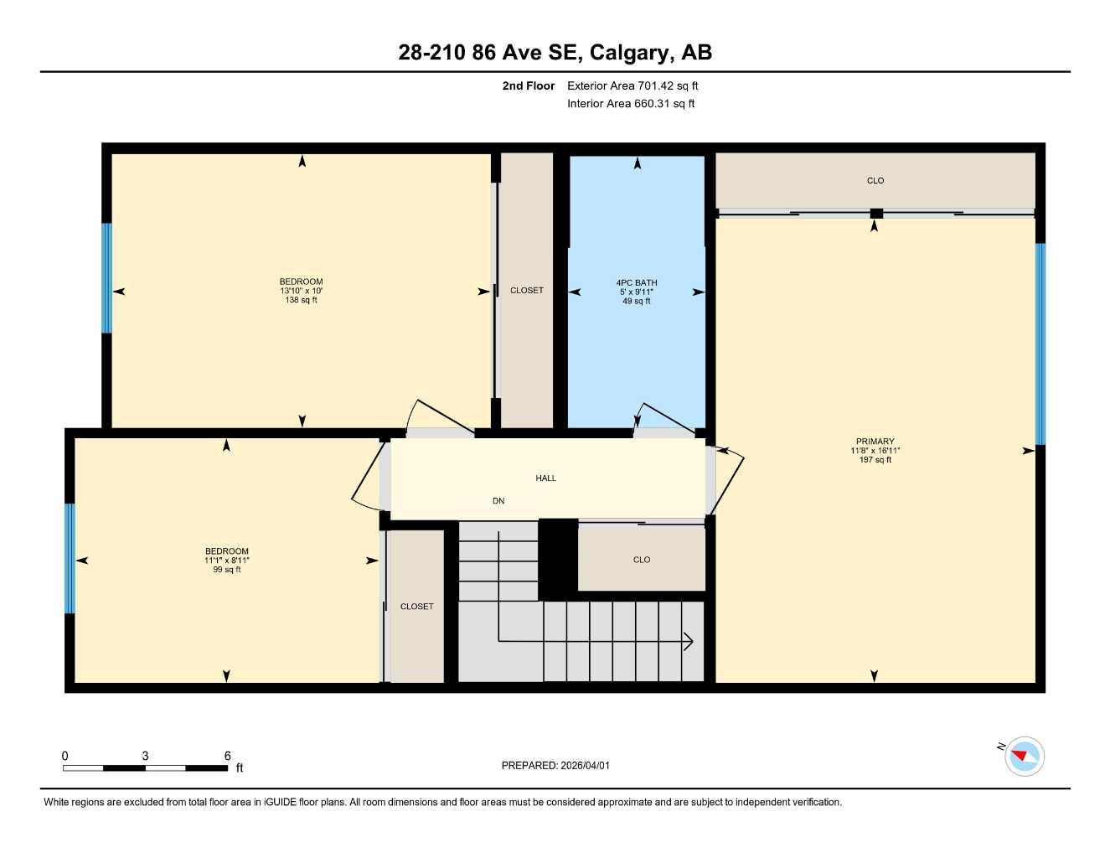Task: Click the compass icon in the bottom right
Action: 1024,757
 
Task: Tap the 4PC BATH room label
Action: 637,283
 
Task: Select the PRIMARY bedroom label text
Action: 875,442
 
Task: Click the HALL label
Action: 546,478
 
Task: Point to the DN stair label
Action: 498,501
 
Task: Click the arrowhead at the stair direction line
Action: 689,642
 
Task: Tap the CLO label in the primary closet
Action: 875,181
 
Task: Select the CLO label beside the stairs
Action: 642,560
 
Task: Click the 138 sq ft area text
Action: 302,301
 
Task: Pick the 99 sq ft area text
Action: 227,570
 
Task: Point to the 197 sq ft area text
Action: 875,460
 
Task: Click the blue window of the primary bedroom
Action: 1040,344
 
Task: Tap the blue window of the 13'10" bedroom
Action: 106,277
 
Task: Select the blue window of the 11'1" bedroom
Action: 70,558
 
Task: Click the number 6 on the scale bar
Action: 227,756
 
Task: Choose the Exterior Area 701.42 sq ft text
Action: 632,85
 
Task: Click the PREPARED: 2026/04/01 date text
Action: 555,766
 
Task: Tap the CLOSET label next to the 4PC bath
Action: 527,291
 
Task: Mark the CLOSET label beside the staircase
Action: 417,607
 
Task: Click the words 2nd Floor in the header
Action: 529,85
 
